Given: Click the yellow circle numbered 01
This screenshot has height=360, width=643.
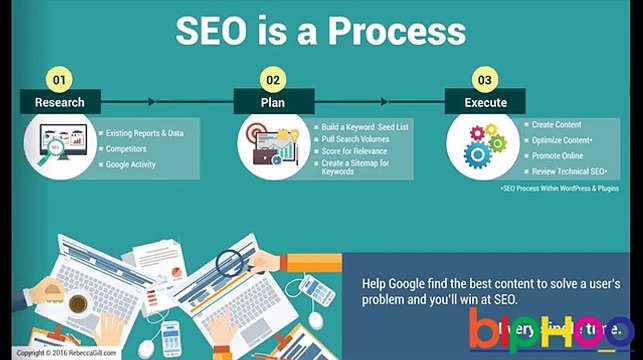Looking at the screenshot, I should pyautogui.click(x=60, y=78).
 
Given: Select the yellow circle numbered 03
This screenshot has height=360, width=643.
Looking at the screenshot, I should pyautogui.click(x=485, y=78).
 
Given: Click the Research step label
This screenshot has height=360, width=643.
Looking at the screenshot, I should pyautogui.click(x=60, y=102).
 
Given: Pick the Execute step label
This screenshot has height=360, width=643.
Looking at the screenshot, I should pyautogui.click(x=485, y=102).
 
